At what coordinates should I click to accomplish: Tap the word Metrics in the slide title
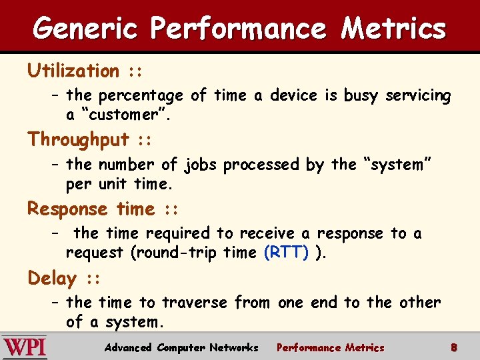(393, 28)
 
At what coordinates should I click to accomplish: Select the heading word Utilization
(73, 71)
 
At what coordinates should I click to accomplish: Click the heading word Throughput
(79, 139)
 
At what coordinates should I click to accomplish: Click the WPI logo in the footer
(25, 348)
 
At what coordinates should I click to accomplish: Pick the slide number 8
(453, 347)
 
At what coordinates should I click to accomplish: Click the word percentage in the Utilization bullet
(141, 96)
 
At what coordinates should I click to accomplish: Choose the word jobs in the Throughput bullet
(200, 165)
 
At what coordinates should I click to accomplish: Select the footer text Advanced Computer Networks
(181, 347)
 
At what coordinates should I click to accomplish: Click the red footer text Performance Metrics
(330, 347)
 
